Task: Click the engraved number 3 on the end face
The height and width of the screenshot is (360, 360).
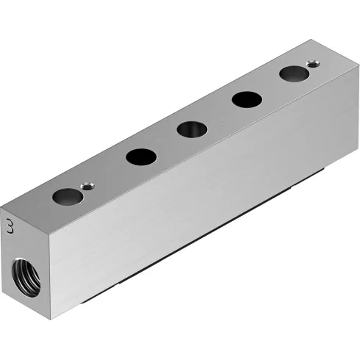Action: click(x=9, y=224)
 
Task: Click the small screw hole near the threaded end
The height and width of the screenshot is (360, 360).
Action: click(x=87, y=187)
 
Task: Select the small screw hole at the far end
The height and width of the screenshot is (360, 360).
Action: click(x=314, y=64)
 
